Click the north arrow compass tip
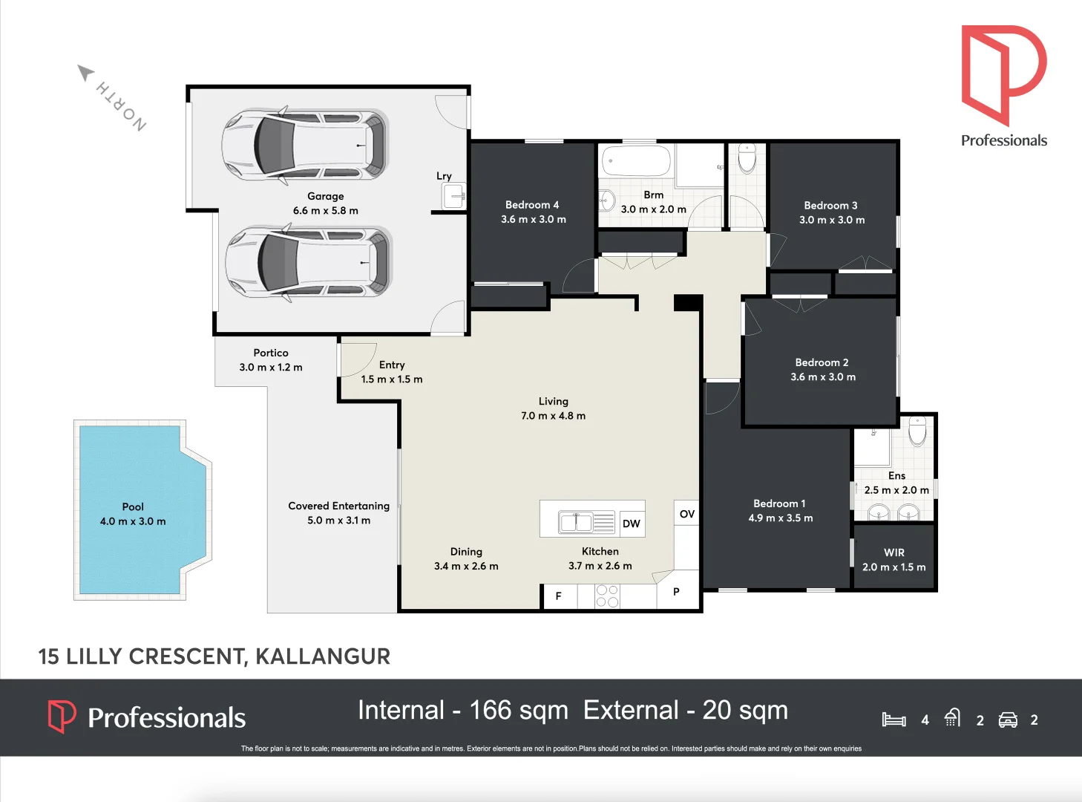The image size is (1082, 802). click(x=79, y=66)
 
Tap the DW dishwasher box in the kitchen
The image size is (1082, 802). click(x=632, y=524)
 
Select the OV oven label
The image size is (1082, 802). click(x=687, y=514)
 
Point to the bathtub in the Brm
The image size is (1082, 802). click(x=636, y=160)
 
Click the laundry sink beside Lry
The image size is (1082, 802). click(x=454, y=195)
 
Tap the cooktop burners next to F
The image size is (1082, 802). click(x=607, y=596)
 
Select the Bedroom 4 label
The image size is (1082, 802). click(x=532, y=205)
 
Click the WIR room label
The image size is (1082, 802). click(x=894, y=552)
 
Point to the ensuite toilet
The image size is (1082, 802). click(x=917, y=431)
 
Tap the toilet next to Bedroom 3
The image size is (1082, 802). click(x=747, y=158)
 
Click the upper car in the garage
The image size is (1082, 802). click(x=305, y=145)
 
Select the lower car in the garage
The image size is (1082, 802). click(x=308, y=262)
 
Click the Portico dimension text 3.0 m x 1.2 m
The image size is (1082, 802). click(x=271, y=367)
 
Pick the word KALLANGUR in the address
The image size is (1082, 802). click(x=323, y=656)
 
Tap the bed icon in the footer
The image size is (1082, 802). click(x=894, y=720)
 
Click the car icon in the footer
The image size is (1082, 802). click(x=1007, y=720)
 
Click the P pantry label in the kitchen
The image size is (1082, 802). click(x=676, y=591)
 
